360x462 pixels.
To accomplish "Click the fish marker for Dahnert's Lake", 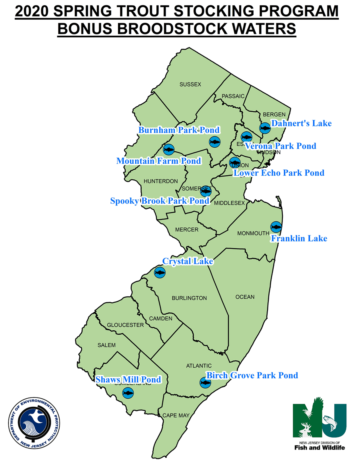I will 265,128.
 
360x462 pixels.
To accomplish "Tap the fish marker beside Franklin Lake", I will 276,227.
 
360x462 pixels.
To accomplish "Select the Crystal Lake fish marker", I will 160,273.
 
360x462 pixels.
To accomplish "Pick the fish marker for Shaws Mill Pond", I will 128,393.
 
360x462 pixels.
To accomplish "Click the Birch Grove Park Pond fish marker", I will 205,383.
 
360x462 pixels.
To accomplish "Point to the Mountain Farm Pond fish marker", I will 169,149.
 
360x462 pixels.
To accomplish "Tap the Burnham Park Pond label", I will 179,130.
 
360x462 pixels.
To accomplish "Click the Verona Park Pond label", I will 280,146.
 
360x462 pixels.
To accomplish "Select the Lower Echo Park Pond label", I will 279,173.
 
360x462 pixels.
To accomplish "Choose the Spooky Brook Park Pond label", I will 160,201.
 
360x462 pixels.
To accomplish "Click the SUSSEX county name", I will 190,84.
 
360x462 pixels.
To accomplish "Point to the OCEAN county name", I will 245,297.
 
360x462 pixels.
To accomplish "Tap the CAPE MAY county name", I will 176,416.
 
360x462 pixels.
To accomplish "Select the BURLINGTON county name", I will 189,298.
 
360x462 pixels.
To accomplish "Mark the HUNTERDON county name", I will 160,181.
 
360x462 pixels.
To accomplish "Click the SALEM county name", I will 106,345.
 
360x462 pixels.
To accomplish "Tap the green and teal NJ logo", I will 319,420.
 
